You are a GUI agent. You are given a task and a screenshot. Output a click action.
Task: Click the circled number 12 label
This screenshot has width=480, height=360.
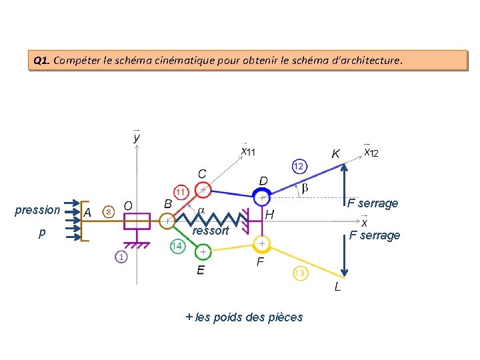coord(299,165)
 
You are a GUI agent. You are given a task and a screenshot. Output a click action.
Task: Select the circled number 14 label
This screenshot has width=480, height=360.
coord(176,246)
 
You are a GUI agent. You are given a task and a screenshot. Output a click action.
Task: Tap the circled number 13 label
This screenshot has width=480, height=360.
coord(300,273)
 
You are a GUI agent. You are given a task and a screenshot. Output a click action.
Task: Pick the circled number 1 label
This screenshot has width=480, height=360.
coord(121,257)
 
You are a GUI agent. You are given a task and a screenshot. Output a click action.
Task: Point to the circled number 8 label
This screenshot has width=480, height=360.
coord(109,211)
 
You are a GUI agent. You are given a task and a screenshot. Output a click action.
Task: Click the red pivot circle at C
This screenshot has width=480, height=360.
coord(203,190)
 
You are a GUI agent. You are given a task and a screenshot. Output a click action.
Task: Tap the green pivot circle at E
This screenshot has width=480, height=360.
coord(203,252)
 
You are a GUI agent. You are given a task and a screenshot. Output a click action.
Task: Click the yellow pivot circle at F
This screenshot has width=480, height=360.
coord(263,243)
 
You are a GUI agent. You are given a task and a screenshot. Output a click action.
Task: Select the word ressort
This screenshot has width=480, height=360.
coord(210,231)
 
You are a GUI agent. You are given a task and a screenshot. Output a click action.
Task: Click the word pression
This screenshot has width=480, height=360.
coord(37,210)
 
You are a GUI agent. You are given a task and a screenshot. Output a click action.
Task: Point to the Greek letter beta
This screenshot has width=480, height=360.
coord(305,189)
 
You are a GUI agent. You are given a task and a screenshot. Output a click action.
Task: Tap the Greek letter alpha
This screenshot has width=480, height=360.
coord(201,210)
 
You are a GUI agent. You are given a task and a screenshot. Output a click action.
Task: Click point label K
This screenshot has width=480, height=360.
coord(336,154)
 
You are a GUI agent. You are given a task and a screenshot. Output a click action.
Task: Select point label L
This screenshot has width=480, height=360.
coord(337,287)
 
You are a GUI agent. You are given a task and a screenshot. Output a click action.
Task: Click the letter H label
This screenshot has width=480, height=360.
coord(269,215)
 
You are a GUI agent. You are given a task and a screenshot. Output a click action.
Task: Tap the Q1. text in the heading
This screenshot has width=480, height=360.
coord(41,61)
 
